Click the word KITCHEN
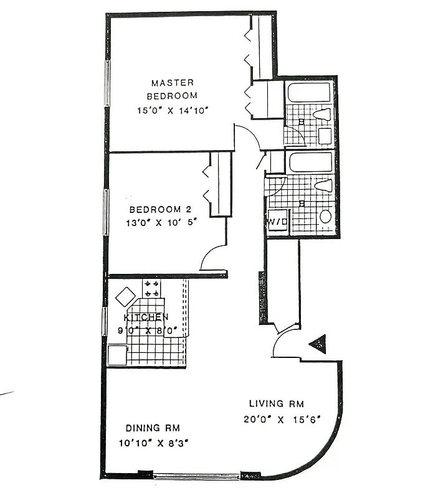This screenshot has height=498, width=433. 146,317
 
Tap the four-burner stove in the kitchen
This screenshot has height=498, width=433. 151,288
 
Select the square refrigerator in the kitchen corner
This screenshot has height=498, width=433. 117,355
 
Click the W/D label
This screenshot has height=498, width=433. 277,222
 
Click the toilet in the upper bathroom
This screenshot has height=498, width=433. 322,114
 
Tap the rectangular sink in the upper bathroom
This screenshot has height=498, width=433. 325,135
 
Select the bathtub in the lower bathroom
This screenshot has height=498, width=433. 310,163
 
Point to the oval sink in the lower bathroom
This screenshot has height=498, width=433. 325,216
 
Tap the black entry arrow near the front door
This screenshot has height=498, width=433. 318,344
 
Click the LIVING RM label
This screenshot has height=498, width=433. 277,403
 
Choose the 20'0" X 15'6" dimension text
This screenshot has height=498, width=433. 282,419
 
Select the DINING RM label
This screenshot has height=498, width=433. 153,428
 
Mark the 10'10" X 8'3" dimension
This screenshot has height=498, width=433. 153,443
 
